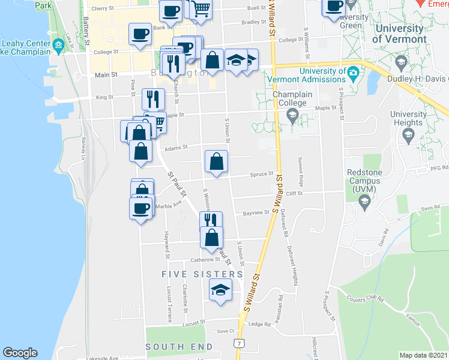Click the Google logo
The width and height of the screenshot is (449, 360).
[20, 353]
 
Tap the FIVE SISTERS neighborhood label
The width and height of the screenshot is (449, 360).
[202, 274]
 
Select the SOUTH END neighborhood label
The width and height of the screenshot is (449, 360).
[179, 347]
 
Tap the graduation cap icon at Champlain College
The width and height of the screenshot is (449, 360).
[292, 116]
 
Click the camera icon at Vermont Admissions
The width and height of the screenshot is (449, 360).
[354, 73]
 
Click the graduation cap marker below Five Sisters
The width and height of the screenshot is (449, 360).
[220, 290]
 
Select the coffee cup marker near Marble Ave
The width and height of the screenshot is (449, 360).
[141, 208]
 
